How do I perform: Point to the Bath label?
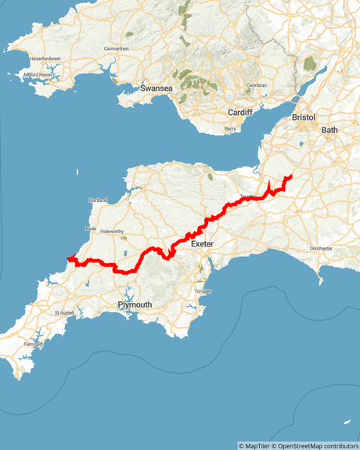(x=329, y=129)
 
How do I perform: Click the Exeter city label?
(x=202, y=244)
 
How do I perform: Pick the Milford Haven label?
(x=41, y=75)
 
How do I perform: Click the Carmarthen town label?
(x=116, y=49)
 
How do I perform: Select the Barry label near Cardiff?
(x=230, y=128)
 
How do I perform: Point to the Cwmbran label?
(x=257, y=85)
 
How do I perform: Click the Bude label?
(x=90, y=229)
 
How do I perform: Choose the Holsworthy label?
(x=111, y=232)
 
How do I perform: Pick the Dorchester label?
(x=321, y=248)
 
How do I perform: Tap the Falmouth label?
(x=34, y=344)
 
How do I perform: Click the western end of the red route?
(x=70, y=258)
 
